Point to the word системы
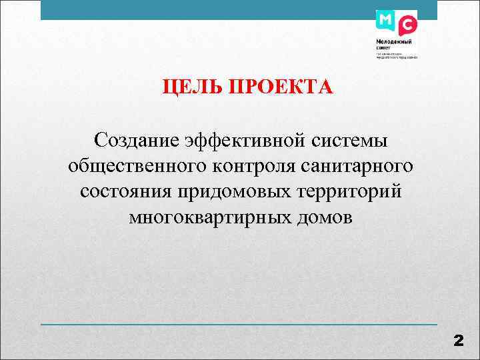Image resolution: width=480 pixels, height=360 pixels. click(351, 140)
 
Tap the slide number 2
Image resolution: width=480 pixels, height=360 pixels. click(458, 341)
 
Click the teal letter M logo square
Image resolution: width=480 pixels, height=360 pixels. click(385, 20)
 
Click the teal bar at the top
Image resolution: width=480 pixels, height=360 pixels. click(200, 10)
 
